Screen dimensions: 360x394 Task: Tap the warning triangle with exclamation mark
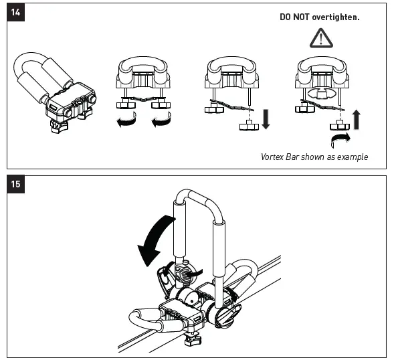click(321, 37)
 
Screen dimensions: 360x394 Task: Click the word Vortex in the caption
click(273, 157)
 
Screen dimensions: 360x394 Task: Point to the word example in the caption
click(352, 157)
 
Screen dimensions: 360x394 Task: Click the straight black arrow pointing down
click(265, 118)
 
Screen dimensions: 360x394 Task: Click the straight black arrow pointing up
click(357, 119)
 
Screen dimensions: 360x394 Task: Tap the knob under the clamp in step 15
click(192, 343)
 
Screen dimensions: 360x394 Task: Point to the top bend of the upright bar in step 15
click(201, 195)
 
